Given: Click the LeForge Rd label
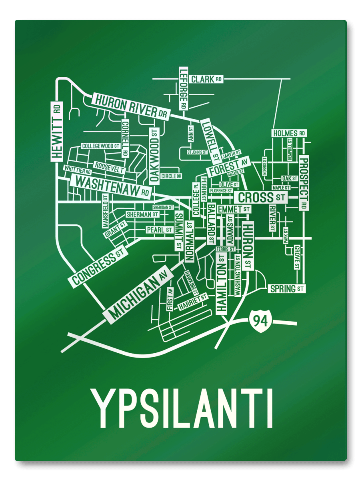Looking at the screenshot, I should click(x=183, y=89).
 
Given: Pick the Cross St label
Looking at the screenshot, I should click(x=260, y=197).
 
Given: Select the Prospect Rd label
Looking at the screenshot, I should click(x=304, y=183).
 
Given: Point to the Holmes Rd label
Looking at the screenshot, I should click(x=289, y=133).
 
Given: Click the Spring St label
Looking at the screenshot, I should click(x=286, y=288).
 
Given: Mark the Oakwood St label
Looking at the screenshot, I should click(x=154, y=156).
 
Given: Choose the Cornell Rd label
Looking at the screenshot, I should click(x=124, y=138).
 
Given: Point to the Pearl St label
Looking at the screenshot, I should click(x=159, y=230).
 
